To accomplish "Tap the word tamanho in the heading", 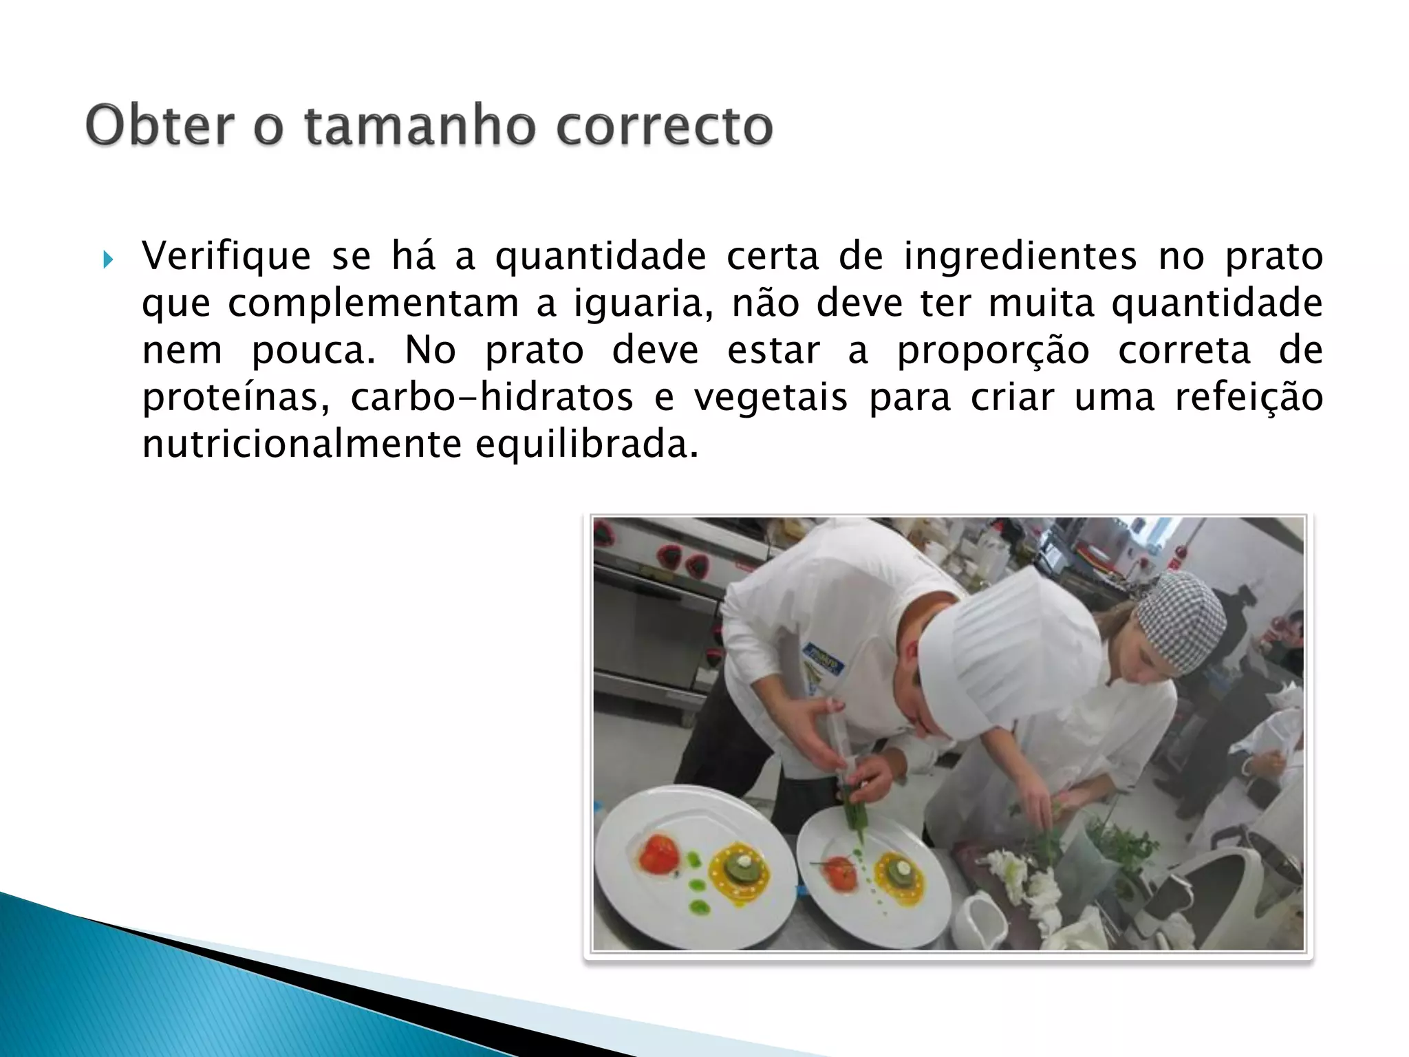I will [x=419, y=126].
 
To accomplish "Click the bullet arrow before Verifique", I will [x=107, y=261].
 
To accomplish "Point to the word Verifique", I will [x=226, y=257].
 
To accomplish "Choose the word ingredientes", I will [x=1020, y=257].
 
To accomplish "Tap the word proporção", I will [x=993, y=350].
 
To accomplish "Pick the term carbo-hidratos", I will [x=491, y=397].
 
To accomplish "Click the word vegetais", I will [x=770, y=397].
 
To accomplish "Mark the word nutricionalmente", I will [x=301, y=444].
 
